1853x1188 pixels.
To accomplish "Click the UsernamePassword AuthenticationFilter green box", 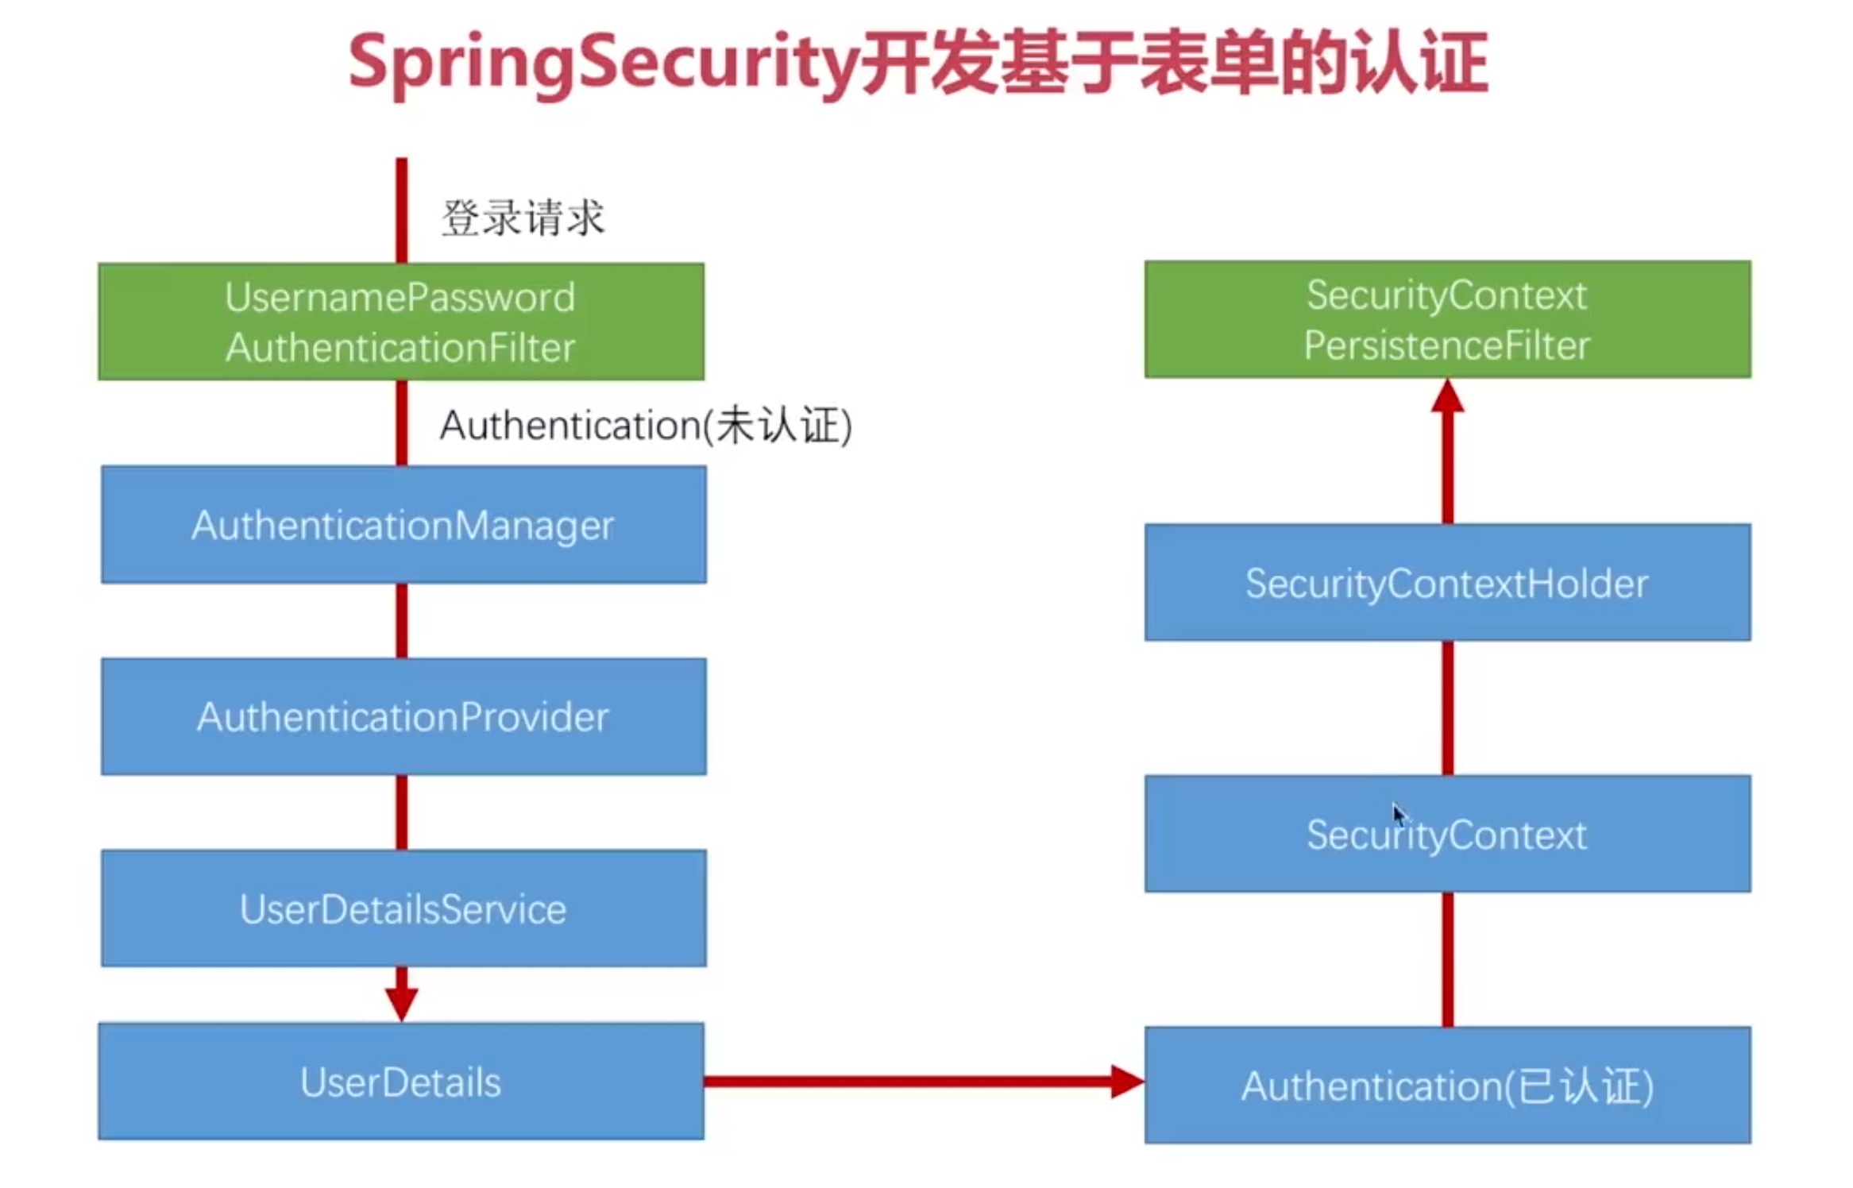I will pyautogui.click(x=401, y=322).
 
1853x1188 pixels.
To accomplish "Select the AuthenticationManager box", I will pyautogui.click(x=403, y=525).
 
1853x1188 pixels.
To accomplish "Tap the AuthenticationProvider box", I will pyautogui.click(x=403, y=716).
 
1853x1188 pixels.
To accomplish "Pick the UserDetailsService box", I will pyautogui.click(x=403, y=908).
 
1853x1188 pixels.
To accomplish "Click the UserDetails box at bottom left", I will pyautogui.click(x=401, y=1082).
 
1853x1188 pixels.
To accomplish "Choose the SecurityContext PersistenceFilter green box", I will pyautogui.click(x=1447, y=319).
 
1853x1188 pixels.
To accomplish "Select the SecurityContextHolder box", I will pyautogui.click(x=1447, y=582).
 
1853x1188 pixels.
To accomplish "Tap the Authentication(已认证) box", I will pyautogui.click(x=1447, y=1086).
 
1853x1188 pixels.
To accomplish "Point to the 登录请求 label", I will pyautogui.click(x=523, y=218).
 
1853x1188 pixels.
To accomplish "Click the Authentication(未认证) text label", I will pyautogui.click(x=646, y=426).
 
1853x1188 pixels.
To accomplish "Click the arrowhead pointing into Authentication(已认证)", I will pyautogui.click(x=1126, y=1082).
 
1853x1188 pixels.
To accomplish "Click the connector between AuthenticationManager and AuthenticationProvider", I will pyautogui.click(x=402, y=620).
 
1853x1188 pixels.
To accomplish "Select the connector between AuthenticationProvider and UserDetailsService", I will pyautogui.click(x=402, y=812).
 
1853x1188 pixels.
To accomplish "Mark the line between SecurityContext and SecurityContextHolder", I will pyautogui.click(x=1447, y=708).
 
